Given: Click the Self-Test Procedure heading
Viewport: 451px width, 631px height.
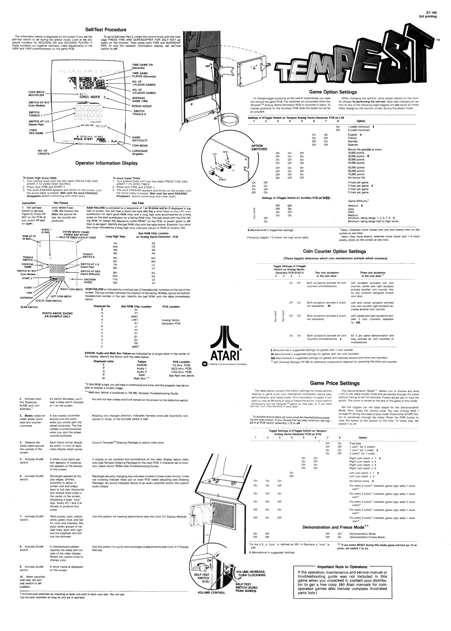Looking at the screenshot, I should coord(106,30).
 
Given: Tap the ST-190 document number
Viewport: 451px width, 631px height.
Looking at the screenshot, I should coord(431,12).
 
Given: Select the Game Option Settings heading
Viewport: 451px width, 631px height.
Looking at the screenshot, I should coord(333,92).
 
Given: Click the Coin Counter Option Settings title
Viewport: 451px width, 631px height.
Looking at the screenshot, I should coord(334,251).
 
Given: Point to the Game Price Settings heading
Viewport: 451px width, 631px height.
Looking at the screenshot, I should coord(335,383).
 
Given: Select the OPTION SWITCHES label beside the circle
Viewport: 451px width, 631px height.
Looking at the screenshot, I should coord(259,147).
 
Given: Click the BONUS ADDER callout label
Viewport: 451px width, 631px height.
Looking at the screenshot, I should coord(142,106).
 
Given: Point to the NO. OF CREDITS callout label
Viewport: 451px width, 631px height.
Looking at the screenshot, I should coord(44,152).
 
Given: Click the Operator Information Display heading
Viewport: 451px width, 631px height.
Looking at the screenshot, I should coord(106,163).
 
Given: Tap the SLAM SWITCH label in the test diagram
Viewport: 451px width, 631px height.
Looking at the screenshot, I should coord(29,307).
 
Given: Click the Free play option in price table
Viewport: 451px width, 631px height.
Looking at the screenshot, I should coord(355,443).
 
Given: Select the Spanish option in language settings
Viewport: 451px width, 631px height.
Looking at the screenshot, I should coord(353,145).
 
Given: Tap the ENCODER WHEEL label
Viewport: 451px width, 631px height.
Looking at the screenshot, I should coord(90,281).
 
